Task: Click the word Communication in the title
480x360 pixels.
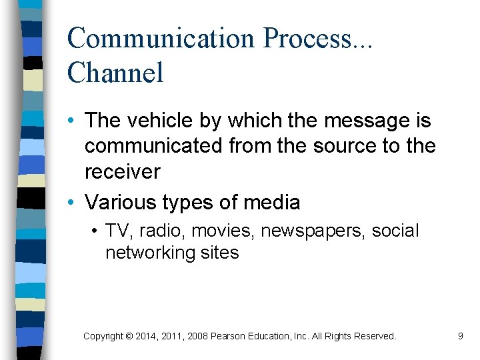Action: (161, 39)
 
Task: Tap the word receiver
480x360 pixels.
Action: (122, 171)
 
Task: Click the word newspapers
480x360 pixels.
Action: (312, 231)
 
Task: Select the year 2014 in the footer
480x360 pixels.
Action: (147, 337)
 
